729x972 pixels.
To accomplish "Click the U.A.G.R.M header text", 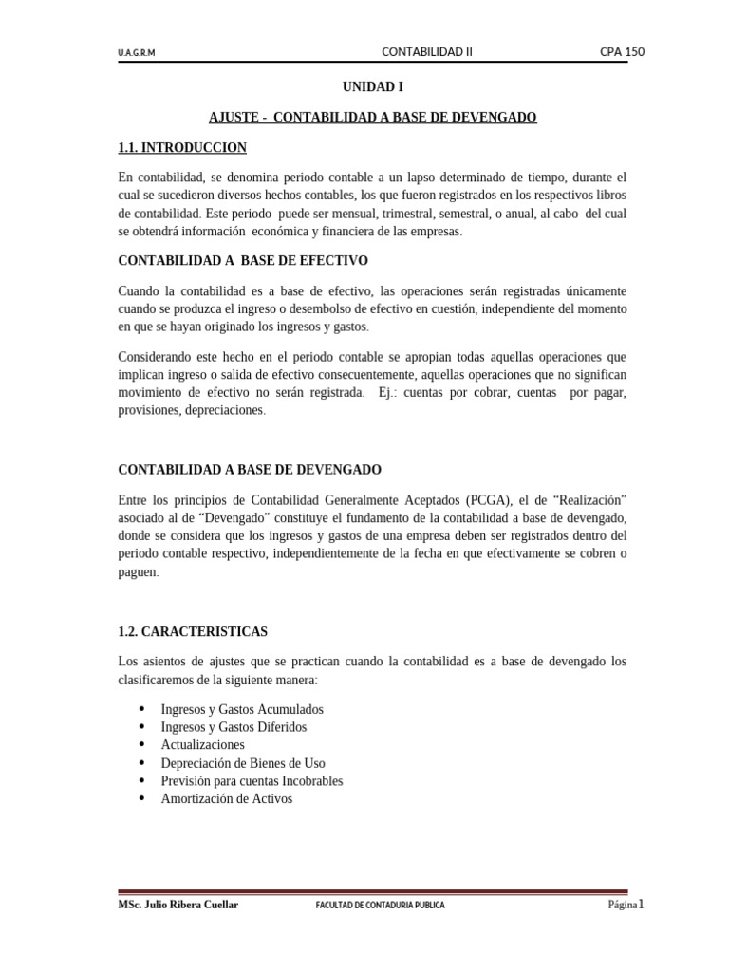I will (x=137, y=53).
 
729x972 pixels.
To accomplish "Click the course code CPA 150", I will (x=622, y=52).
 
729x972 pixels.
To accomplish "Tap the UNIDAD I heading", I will (x=373, y=86).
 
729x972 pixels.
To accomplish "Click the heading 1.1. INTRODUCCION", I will (x=182, y=147).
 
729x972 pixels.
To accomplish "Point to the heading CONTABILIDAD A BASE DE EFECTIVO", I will (x=242, y=260).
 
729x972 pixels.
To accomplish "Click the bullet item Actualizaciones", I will (x=202, y=745).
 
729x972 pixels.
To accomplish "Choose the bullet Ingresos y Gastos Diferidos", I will (x=234, y=727).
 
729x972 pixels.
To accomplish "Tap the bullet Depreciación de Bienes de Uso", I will (x=243, y=763).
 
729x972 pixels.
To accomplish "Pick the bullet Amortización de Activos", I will (x=227, y=799).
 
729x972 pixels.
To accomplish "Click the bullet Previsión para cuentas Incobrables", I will (x=252, y=781).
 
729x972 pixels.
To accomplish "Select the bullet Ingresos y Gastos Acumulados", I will (x=242, y=709).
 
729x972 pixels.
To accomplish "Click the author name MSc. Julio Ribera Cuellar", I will (x=178, y=905).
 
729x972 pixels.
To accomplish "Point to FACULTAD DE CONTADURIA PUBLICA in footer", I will (x=380, y=906).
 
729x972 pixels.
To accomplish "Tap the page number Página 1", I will (x=626, y=905).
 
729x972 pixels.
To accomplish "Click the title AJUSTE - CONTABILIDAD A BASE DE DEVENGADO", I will (x=373, y=117).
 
